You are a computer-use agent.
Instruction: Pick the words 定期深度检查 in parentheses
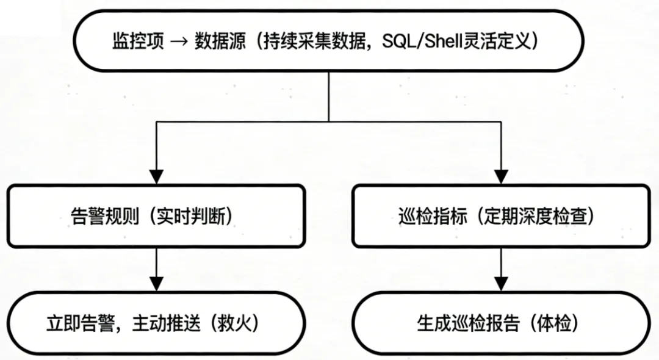[536, 217]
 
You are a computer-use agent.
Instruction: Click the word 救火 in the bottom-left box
[235, 323]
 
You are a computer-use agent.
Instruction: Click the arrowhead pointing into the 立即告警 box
[157, 284]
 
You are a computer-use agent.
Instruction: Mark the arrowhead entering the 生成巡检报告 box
[501, 284]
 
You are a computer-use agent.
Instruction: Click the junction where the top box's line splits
[329, 121]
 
